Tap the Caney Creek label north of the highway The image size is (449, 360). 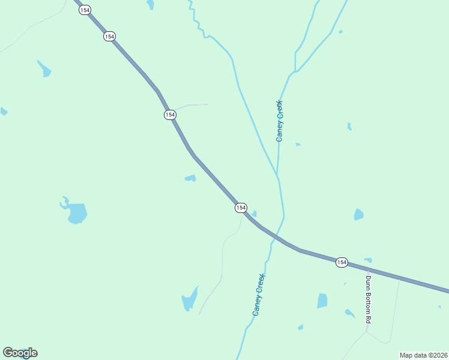coord(279,121)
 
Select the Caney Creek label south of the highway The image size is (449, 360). coord(259,295)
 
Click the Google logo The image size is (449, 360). coord(20,353)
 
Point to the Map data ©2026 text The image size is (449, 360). coord(423,355)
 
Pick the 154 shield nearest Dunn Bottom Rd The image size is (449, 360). coord(342,262)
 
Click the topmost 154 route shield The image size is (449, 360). coord(85,10)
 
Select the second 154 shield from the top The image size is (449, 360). coord(109,37)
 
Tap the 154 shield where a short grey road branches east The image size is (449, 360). coord(170,115)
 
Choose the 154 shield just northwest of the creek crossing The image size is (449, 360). coord(241,208)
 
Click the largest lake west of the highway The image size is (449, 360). coord(76,212)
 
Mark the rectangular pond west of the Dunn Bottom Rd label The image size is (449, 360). coord(322,301)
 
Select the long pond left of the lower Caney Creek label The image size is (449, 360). coord(190,299)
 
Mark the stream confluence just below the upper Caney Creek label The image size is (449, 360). coord(277,175)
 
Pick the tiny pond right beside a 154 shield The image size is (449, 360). coord(254,214)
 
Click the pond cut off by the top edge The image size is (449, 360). coord(150,4)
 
